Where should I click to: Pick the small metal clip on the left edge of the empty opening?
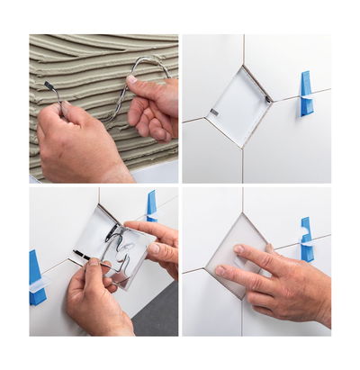pyautogui.click(x=213, y=113)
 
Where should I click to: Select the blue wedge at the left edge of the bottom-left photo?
pyautogui.click(x=36, y=276)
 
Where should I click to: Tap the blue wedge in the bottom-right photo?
pyautogui.click(x=306, y=239)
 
